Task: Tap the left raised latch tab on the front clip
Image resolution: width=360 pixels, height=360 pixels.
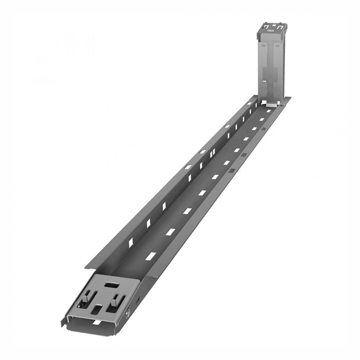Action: click(x=84, y=299)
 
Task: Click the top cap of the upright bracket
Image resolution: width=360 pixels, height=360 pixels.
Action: click(x=273, y=26)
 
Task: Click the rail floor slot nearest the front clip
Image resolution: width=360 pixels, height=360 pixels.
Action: click(x=151, y=256)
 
